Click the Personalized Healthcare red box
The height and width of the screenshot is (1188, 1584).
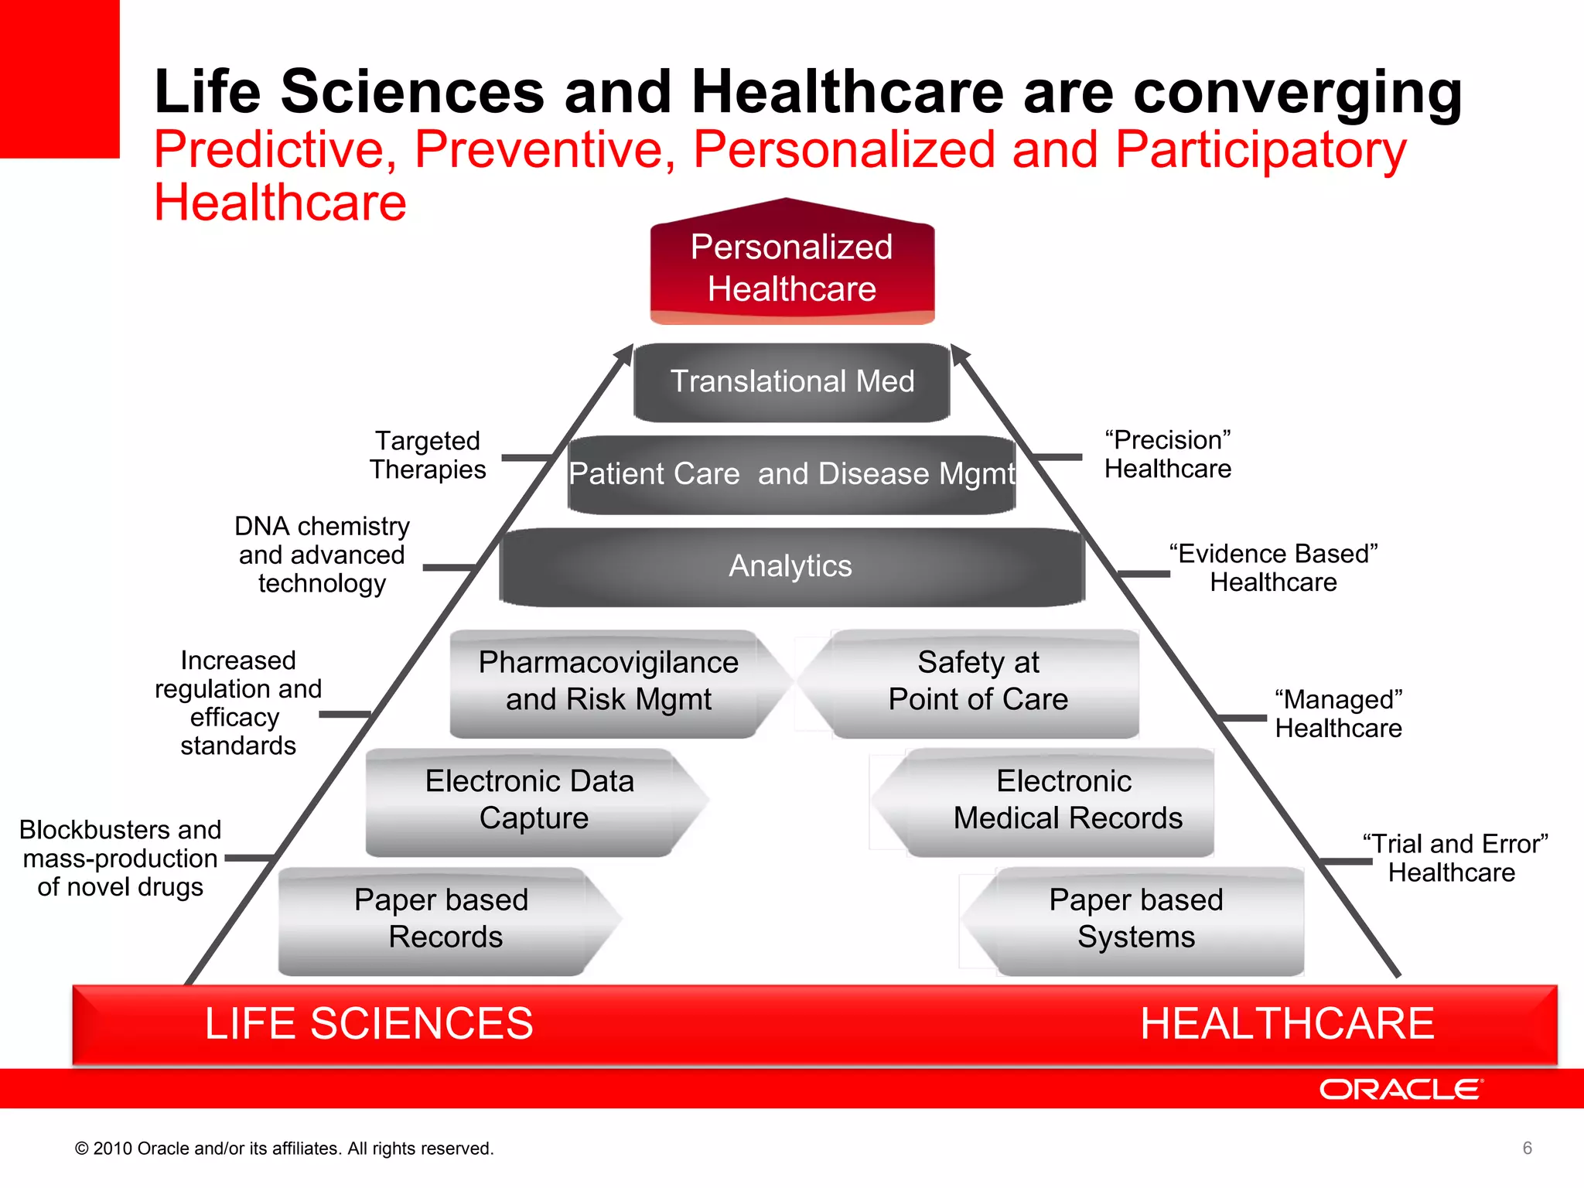(x=792, y=268)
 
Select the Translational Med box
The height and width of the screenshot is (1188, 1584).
(x=792, y=382)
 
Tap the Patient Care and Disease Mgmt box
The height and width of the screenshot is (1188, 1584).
(x=792, y=474)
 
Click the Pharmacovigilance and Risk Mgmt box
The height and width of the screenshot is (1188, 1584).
(x=609, y=681)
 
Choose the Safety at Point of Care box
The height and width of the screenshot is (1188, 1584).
(x=978, y=681)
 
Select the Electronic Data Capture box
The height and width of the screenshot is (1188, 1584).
(x=531, y=800)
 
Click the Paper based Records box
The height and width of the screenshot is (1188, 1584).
(x=442, y=919)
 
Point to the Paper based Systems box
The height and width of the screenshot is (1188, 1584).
(x=1136, y=919)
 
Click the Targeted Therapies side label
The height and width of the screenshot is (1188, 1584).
(x=428, y=456)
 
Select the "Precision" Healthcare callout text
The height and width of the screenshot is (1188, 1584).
(x=1168, y=455)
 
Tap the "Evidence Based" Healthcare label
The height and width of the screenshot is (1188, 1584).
(x=1274, y=568)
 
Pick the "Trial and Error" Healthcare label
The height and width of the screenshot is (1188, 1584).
(x=1453, y=858)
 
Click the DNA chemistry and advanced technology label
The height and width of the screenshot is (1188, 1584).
(x=322, y=555)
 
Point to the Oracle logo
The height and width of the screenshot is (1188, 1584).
(x=1401, y=1090)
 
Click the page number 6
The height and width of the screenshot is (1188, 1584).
(x=1527, y=1149)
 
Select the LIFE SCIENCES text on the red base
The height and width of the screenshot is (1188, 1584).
(x=369, y=1024)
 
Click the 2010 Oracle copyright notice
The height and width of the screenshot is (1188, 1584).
(x=284, y=1149)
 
